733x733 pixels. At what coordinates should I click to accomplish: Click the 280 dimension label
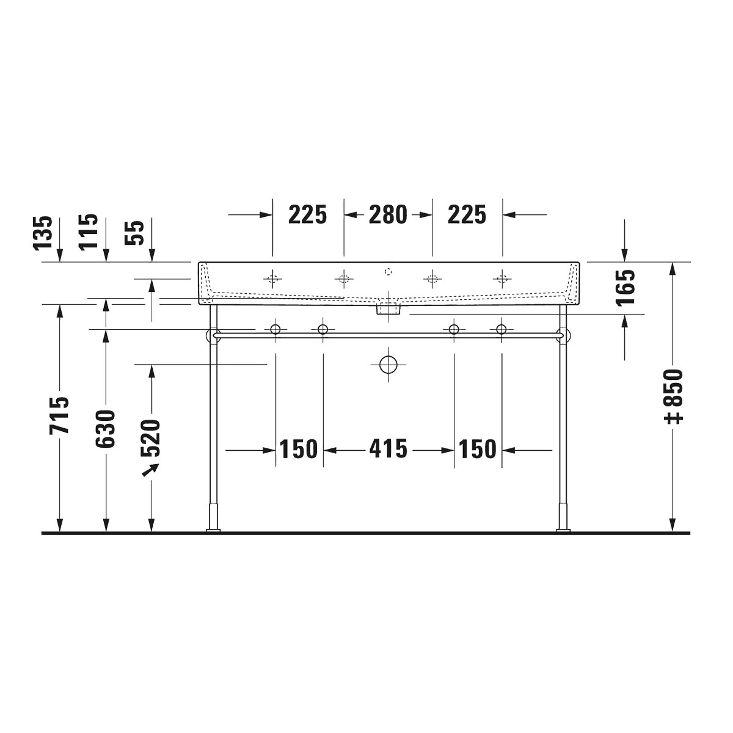click(x=388, y=214)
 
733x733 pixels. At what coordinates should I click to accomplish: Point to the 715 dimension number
click(x=59, y=415)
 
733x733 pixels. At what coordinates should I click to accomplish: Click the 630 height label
click(x=105, y=428)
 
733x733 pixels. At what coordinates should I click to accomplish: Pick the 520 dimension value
click(x=151, y=438)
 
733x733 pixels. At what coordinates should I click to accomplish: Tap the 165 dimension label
click(x=625, y=288)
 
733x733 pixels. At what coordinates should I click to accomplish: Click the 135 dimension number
click(x=43, y=233)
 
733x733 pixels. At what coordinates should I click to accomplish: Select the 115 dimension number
click(x=88, y=232)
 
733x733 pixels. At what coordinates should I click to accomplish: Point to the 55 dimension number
click(x=134, y=233)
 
